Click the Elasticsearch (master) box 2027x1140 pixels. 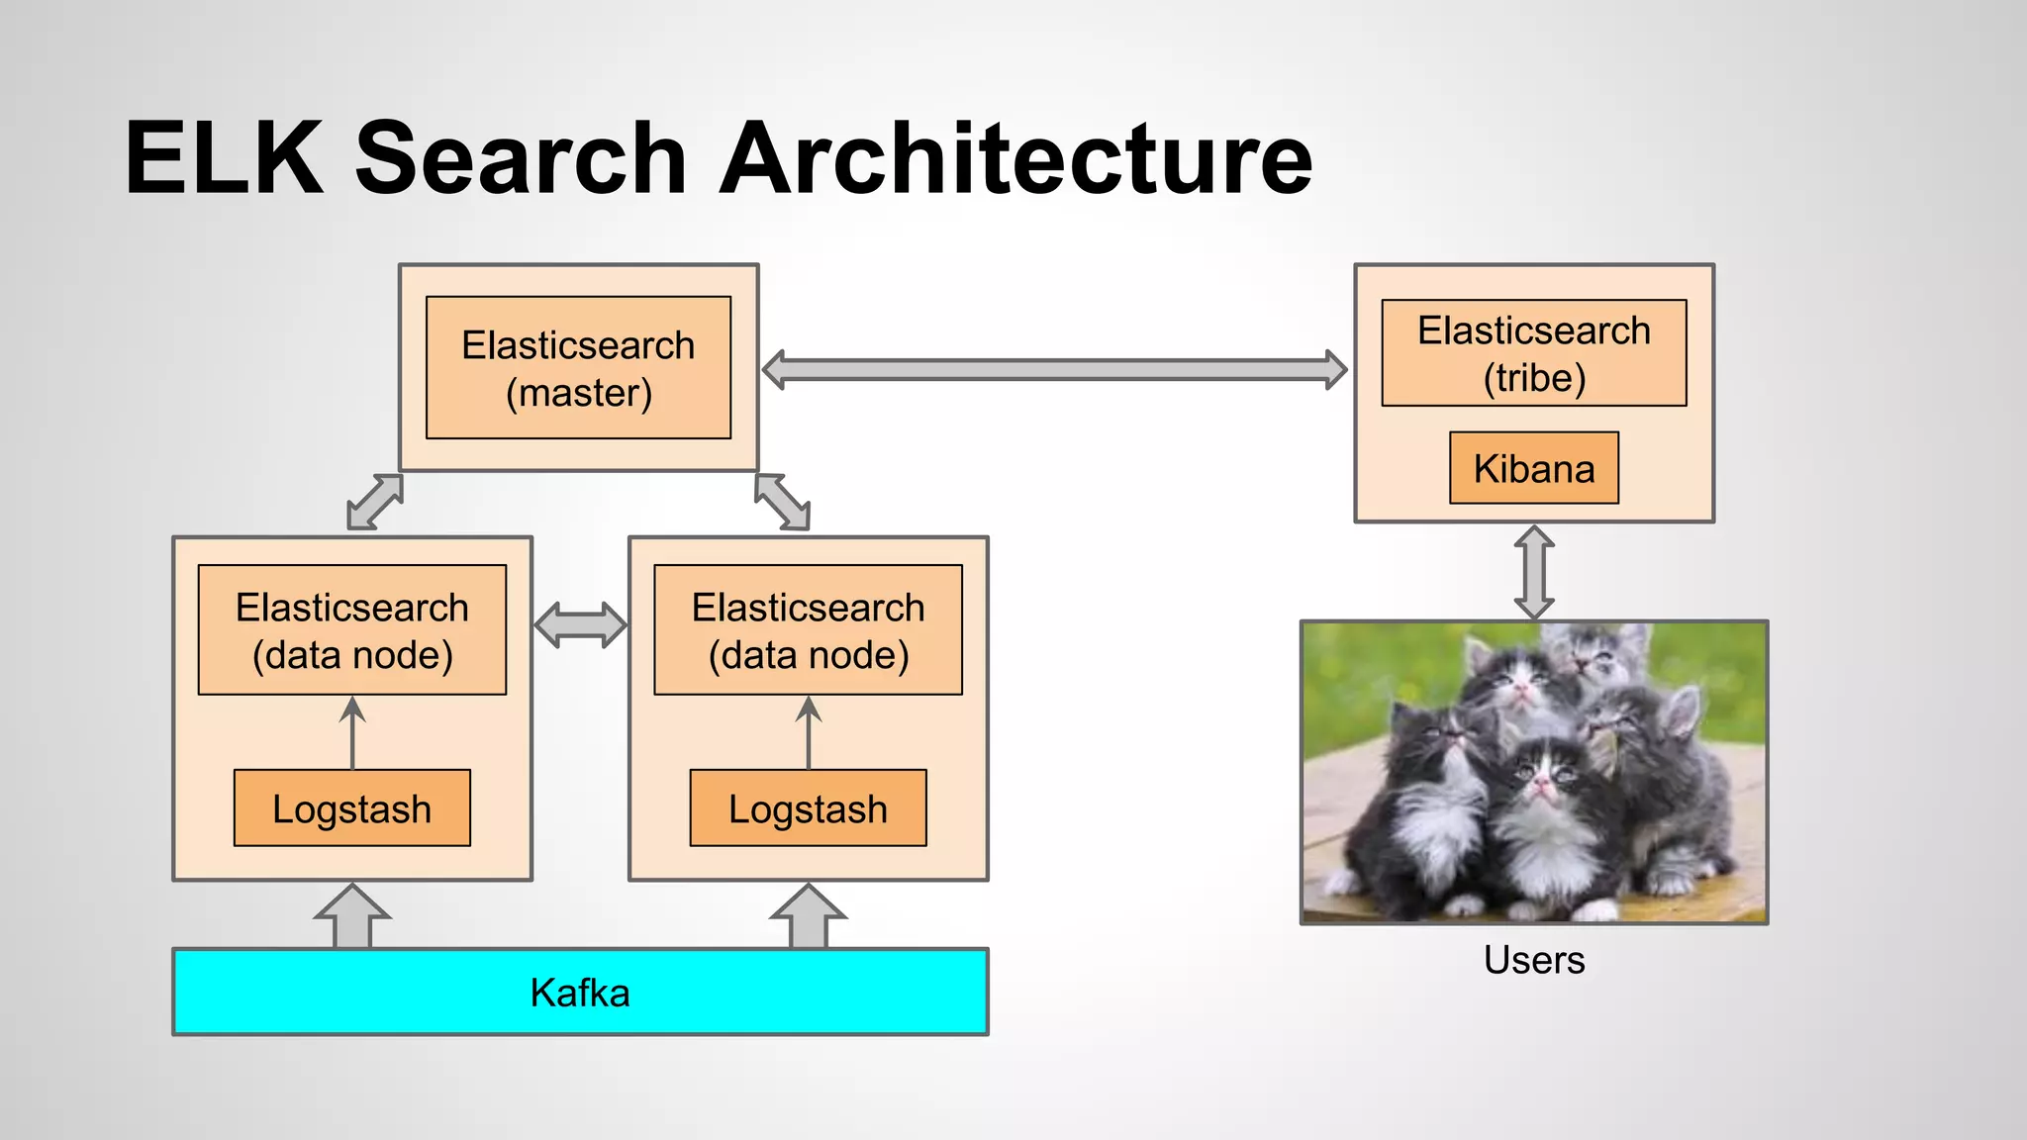click(578, 368)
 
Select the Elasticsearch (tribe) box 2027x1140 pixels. click(1533, 353)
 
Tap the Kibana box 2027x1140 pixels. click(1533, 468)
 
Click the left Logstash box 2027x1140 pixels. click(351, 808)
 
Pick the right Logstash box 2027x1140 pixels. click(808, 808)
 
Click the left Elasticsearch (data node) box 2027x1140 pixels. click(351, 630)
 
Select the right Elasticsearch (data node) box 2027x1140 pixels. click(808, 630)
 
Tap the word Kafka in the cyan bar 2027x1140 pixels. click(580, 993)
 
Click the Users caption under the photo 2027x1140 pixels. click(1533, 960)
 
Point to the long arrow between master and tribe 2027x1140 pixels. click(1054, 370)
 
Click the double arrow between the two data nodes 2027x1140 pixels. click(580, 624)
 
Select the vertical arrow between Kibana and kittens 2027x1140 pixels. click(1533, 572)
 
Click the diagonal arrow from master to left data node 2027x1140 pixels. click(375, 502)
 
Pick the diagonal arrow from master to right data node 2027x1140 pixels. click(782, 502)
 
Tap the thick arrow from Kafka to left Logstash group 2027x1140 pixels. click(352, 917)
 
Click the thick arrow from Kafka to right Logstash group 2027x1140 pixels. click(809, 917)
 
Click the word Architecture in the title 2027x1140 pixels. click(1015, 158)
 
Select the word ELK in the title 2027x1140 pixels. click(225, 158)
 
